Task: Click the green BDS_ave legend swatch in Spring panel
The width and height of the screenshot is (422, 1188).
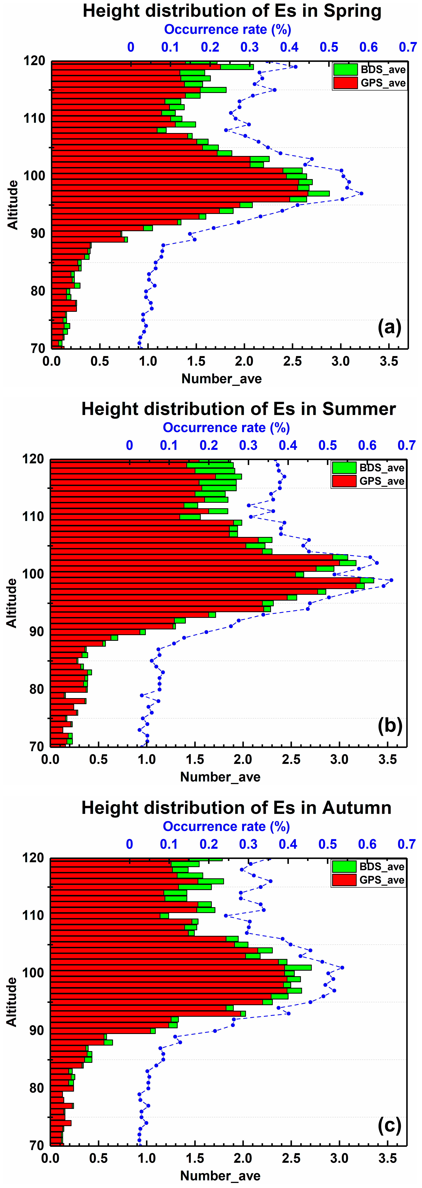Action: click(x=345, y=70)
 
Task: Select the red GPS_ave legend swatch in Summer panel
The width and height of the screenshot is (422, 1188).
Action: click(x=344, y=481)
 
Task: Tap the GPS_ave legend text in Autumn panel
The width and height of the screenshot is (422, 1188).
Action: click(x=382, y=880)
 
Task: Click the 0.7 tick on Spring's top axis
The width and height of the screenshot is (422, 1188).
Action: click(x=408, y=47)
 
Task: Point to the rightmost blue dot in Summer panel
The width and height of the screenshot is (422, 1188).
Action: click(x=391, y=580)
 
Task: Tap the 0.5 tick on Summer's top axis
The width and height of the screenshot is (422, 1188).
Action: click(x=328, y=445)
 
